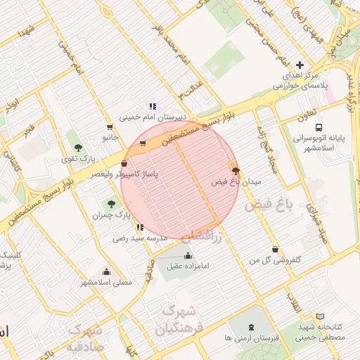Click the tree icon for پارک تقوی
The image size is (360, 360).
[x=78, y=148]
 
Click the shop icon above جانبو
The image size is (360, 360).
[x=109, y=127]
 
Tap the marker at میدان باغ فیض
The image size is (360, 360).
[x=235, y=171]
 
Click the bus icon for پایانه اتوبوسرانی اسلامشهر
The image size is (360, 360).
[x=319, y=128]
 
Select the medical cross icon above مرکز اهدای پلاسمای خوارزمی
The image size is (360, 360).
[x=300, y=65]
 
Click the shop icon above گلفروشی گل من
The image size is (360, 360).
[x=274, y=249]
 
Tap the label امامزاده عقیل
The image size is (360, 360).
[x=188, y=266]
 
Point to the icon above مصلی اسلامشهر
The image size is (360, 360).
[x=106, y=271]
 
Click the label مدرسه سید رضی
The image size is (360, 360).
[x=141, y=238]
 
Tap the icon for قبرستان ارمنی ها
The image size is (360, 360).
[x=252, y=328]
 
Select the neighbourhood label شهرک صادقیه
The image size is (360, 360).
[x=85, y=338]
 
